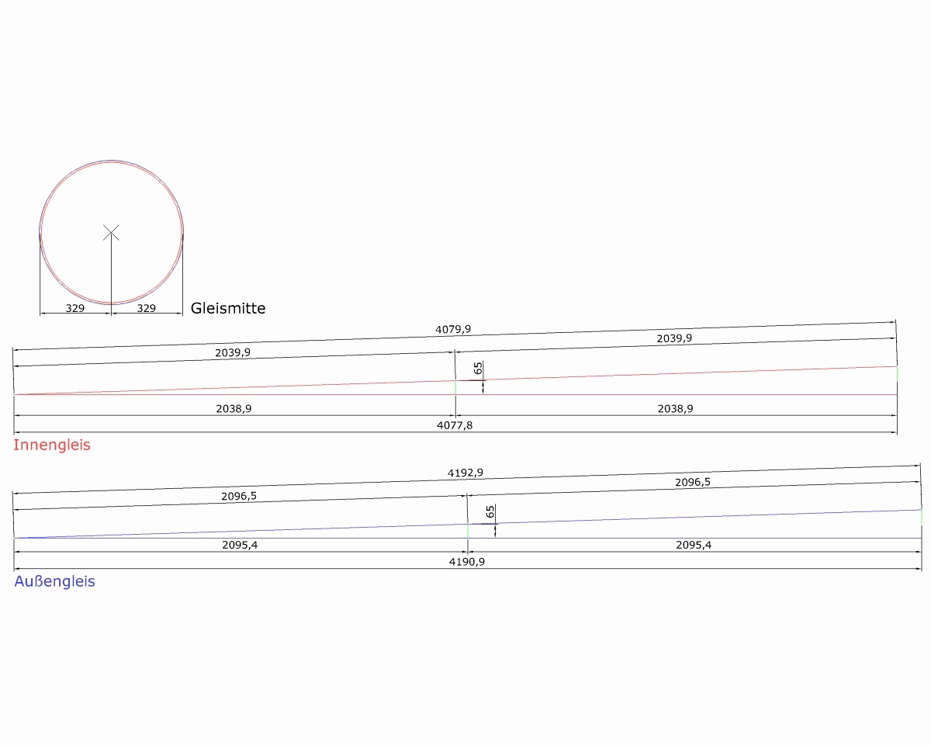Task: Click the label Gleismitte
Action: coord(228,308)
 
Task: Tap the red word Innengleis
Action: coord(52,445)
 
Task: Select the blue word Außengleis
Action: coord(54,581)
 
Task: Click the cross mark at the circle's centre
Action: coord(111,233)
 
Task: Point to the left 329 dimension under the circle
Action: coord(74,308)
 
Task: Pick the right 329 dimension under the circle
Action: coord(146,308)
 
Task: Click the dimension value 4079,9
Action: coord(453,329)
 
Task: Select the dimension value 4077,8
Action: coord(455,425)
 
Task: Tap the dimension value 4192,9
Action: coord(465,473)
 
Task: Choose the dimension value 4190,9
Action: coord(467,562)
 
